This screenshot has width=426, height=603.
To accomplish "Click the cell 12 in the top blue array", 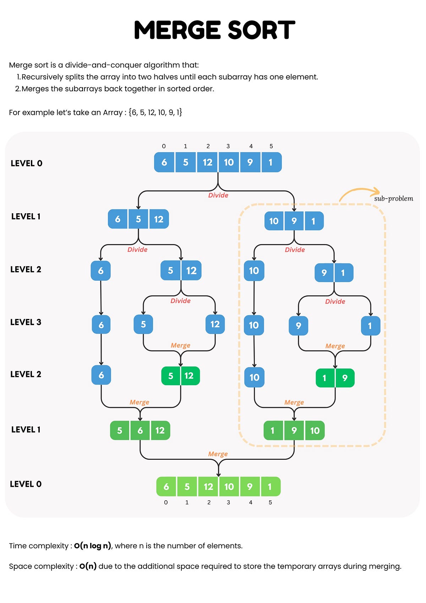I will pos(207,162).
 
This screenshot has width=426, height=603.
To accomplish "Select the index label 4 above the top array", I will pos(251,146).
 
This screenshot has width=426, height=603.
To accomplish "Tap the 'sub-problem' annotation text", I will pos(393,199).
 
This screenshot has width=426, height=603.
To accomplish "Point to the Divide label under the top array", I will pos(218,195).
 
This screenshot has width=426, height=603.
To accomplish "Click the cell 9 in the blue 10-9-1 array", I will pos(294,221).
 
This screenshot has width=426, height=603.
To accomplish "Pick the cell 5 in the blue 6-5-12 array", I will pos(138,219).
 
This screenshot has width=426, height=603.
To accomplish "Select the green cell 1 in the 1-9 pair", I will pos(324,378).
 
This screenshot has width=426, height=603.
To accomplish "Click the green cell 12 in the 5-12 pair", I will pos(189,376).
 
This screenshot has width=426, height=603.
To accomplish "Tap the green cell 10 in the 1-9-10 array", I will pos(315,431).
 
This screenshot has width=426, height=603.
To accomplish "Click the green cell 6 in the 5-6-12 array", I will pos(140,431).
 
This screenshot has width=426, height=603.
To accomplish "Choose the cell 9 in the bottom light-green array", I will pos(250,486).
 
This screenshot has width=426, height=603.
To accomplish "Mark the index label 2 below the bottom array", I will pos(209,502).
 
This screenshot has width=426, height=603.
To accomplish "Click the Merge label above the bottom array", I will pos(218,454).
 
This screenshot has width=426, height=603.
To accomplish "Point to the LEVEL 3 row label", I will pos(26,322).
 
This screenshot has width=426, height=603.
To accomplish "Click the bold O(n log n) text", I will pos(93,546).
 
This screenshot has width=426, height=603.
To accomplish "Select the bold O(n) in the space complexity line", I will pos(88,566).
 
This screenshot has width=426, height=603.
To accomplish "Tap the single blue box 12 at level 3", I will pos(215,324).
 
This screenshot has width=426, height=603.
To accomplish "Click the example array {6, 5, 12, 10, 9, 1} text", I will pos(155,113).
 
